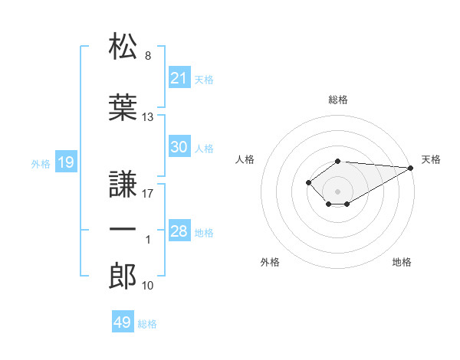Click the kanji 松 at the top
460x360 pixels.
pyautogui.click(x=123, y=46)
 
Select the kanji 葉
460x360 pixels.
pyautogui.click(x=123, y=107)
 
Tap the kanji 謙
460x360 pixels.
pyautogui.click(x=123, y=184)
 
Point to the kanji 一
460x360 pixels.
pyautogui.click(x=123, y=229)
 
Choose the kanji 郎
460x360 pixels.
pyautogui.click(x=123, y=276)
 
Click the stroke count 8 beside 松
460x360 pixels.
pyautogui.click(x=148, y=56)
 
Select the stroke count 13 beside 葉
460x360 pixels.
pyautogui.click(x=147, y=117)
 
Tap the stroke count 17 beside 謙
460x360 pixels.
pyautogui.click(x=147, y=194)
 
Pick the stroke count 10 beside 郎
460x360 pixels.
pyautogui.click(x=147, y=286)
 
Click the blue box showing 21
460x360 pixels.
pyautogui.click(x=179, y=77)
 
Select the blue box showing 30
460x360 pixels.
pyautogui.click(x=179, y=146)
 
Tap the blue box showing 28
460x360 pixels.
pyautogui.click(x=179, y=230)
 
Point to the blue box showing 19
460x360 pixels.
pyautogui.click(x=66, y=162)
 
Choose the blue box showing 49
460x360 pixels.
pyautogui.click(x=123, y=321)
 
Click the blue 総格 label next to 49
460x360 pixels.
pyautogui.click(x=147, y=324)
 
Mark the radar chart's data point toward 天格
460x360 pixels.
pyautogui.click(x=411, y=168)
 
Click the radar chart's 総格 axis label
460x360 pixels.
pyautogui.click(x=338, y=100)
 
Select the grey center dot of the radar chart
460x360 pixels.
pyautogui.click(x=337, y=191)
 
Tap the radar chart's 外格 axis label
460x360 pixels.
pyautogui.click(x=270, y=262)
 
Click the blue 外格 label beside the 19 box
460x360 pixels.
pyautogui.click(x=41, y=164)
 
